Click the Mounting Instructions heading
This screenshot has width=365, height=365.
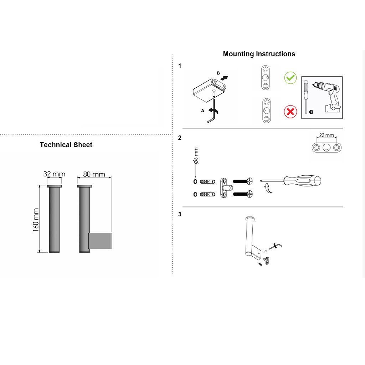tap(259, 54)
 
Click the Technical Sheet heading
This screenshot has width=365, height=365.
tap(66, 145)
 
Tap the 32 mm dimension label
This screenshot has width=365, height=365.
tap(54, 174)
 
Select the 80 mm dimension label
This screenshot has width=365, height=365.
tap(94, 174)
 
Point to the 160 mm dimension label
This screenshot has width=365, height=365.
tap(36, 220)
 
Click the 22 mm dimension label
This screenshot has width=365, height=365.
tap(327, 135)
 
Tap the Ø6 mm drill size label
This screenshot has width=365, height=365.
tap(196, 155)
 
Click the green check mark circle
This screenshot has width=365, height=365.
tap(290, 78)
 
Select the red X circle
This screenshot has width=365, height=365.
tap(290, 112)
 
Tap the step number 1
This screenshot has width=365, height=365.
tap(180, 66)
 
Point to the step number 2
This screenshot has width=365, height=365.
tap(180, 138)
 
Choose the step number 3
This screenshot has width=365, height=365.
tap(180, 214)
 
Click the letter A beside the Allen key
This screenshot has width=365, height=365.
tap(202, 111)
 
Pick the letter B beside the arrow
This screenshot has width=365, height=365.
tap(219, 73)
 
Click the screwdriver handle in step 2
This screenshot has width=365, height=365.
tap(302, 181)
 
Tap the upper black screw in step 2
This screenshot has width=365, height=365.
tap(242, 181)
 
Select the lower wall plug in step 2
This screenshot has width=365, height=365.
tap(208, 194)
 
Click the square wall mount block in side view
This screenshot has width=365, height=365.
tap(100, 241)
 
